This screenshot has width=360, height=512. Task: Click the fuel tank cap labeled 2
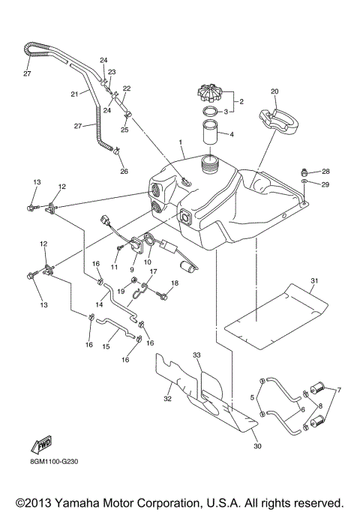[210, 94]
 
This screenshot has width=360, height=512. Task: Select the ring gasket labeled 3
[211, 112]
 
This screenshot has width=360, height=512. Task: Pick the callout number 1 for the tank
[180, 142]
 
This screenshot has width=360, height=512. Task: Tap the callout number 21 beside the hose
[74, 94]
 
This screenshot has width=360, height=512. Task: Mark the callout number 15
[105, 347]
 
